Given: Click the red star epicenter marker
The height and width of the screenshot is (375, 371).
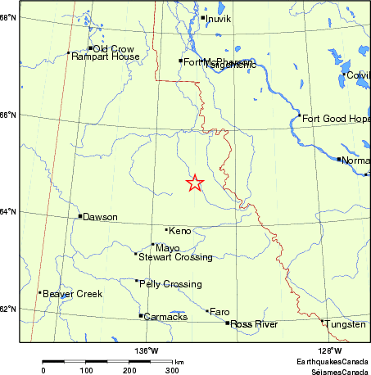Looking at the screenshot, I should (x=195, y=183).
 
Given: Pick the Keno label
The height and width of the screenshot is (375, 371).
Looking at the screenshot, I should (x=179, y=232).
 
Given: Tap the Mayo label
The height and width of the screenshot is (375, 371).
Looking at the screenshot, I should (x=167, y=248).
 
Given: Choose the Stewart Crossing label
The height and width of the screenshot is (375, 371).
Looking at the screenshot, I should (x=175, y=257).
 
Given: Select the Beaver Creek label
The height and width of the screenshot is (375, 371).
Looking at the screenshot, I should (x=73, y=294).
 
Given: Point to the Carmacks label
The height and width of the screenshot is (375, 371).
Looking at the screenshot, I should (x=165, y=317).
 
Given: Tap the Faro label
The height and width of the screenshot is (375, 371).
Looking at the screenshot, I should (x=219, y=312).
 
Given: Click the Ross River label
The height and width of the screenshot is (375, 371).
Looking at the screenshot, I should (x=254, y=325).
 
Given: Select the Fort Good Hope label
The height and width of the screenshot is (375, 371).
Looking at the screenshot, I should (x=336, y=120).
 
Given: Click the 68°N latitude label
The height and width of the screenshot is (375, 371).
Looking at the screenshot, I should (x=9, y=17).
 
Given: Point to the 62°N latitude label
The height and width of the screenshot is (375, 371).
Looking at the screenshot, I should (x=9, y=309).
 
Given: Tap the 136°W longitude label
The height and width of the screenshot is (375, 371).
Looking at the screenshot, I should (x=147, y=350).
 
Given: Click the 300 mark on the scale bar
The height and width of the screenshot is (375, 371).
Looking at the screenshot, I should (x=173, y=370).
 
